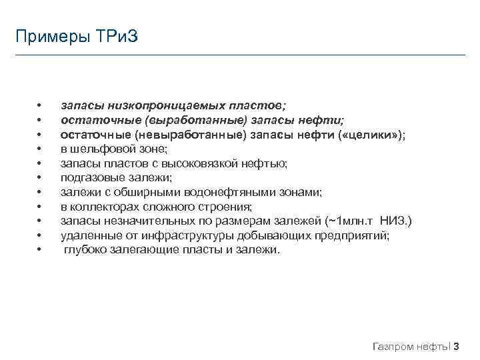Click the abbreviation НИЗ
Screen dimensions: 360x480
point(394,221)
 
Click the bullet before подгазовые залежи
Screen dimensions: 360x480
point(40,178)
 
